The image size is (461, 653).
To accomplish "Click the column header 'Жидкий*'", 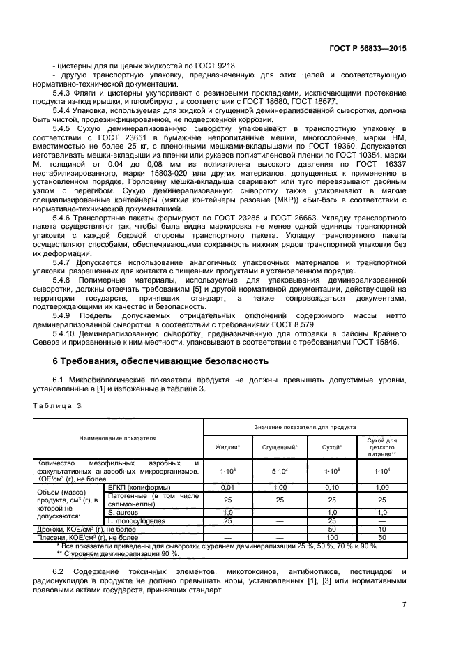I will click(x=227, y=446).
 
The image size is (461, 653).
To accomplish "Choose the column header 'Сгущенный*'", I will click(x=279, y=446).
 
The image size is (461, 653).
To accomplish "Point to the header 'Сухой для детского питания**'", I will click(x=381, y=446).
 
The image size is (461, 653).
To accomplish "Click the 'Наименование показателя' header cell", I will click(x=118, y=438).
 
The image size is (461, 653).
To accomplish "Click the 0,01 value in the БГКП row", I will click(x=227, y=487).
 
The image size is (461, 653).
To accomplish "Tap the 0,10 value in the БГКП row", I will click(x=331, y=487).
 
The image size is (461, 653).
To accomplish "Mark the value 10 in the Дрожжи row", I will click(x=381, y=530).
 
